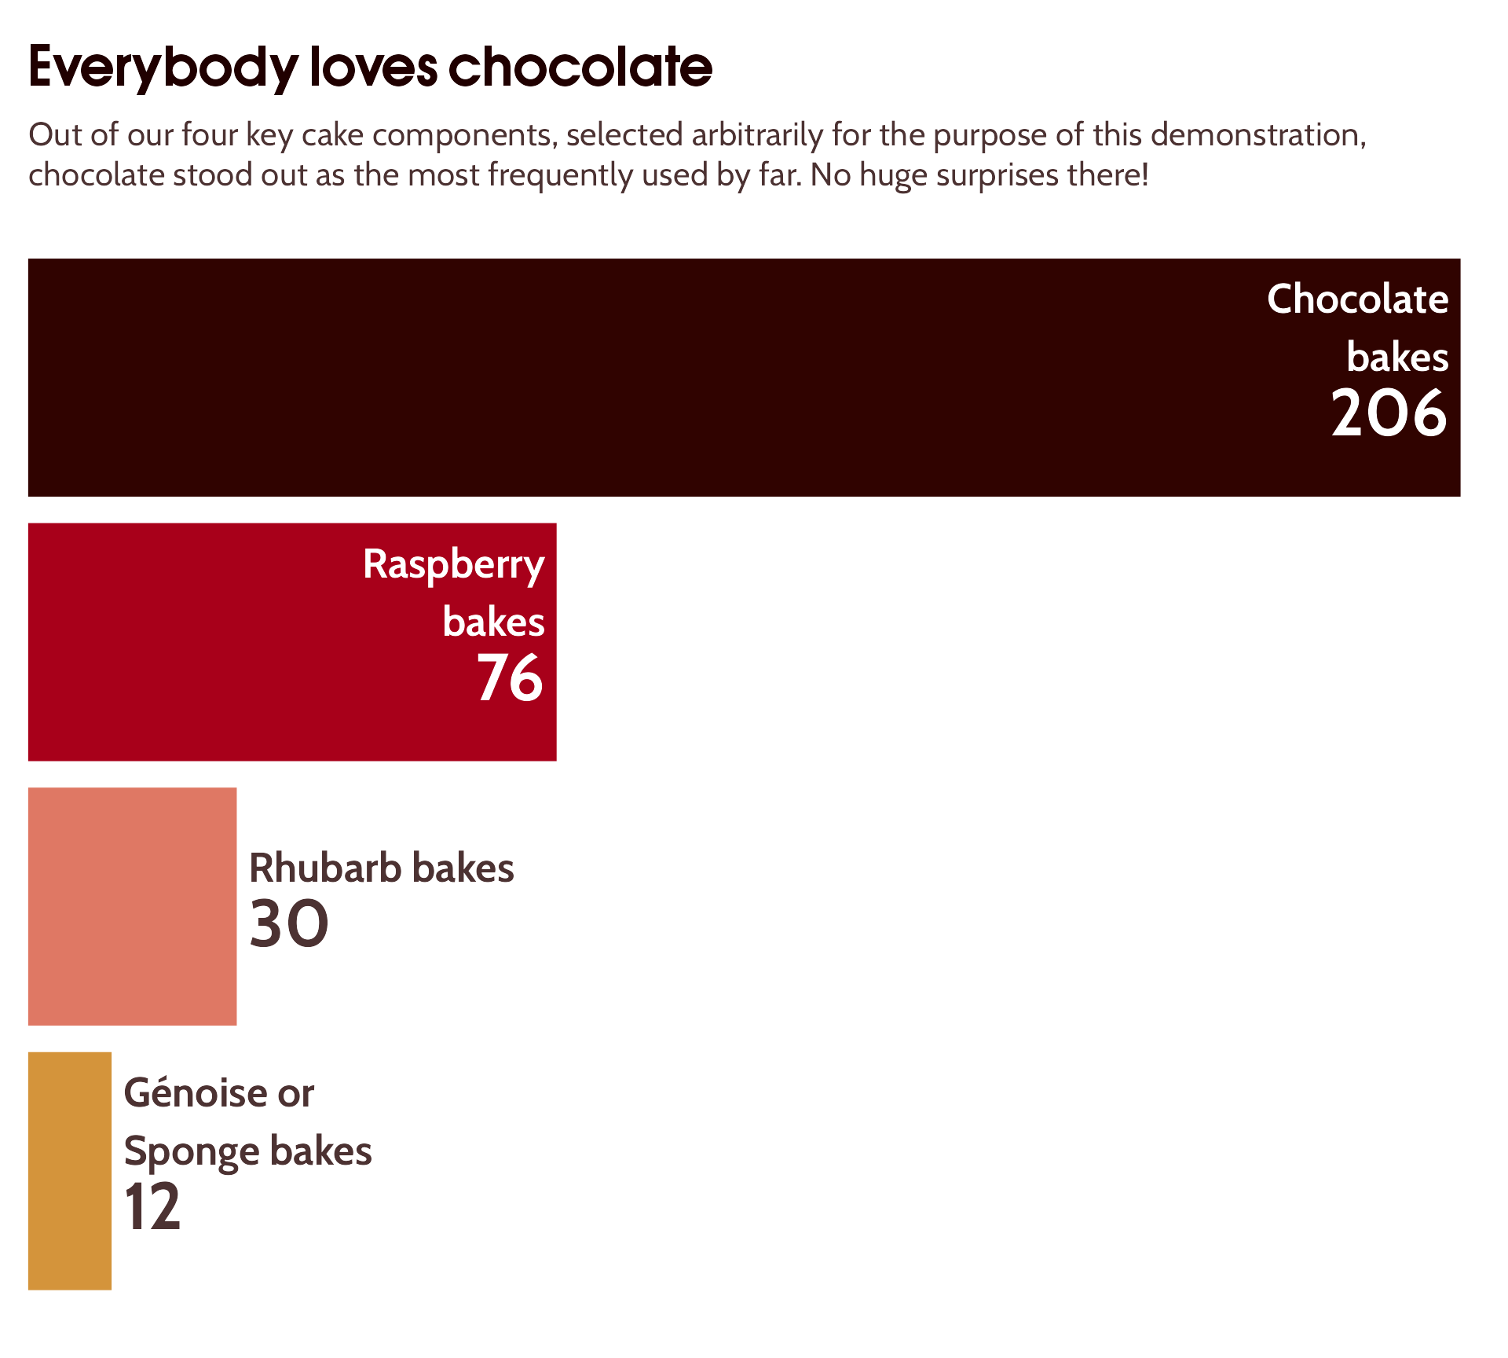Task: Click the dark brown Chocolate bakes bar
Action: pyautogui.click(x=628, y=377)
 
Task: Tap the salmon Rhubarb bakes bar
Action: pyautogui.click(x=132, y=906)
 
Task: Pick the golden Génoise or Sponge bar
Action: pyautogui.click(x=70, y=1171)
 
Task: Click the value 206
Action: pyautogui.click(x=1389, y=413)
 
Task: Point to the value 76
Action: pyautogui.click(x=510, y=678)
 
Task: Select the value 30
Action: pyautogui.click(x=288, y=924)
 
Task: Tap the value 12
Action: pyautogui.click(x=152, y=1207)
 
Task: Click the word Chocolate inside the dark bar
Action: pyautogui.click(x=1357, y=299)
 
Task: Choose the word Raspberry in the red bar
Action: pyautogui.click(x=454, y=565)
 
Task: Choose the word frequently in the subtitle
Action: pyautogui.click(x=560, y=175)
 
